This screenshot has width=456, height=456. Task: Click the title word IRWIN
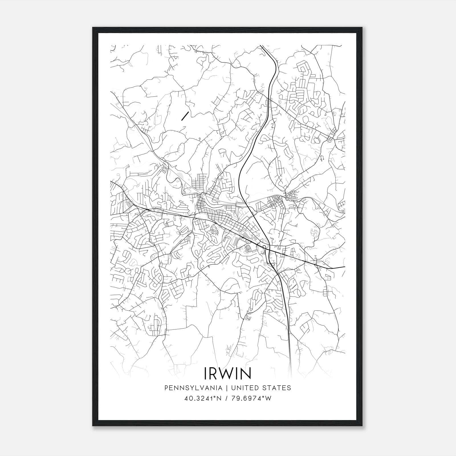point(227,373)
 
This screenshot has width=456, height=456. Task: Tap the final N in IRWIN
point(246,373)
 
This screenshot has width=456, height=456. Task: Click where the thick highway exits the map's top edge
point(260,46)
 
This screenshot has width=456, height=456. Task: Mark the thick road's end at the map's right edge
point(345,267)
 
